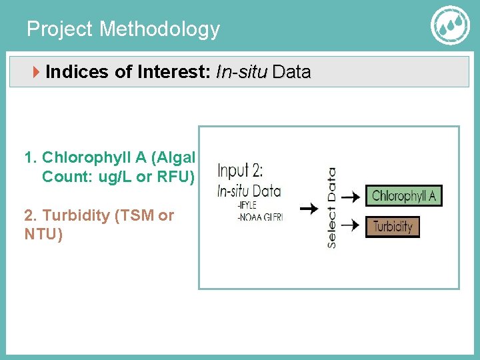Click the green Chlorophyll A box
tap(404, 195)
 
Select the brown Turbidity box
tap(393, 227)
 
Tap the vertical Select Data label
tap(331, 208)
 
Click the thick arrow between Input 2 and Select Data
tap(307, 209)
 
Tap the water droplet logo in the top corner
tap(451, 26)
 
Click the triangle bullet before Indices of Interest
tap(37, 72)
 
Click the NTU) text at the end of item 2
tap(43, 235)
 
